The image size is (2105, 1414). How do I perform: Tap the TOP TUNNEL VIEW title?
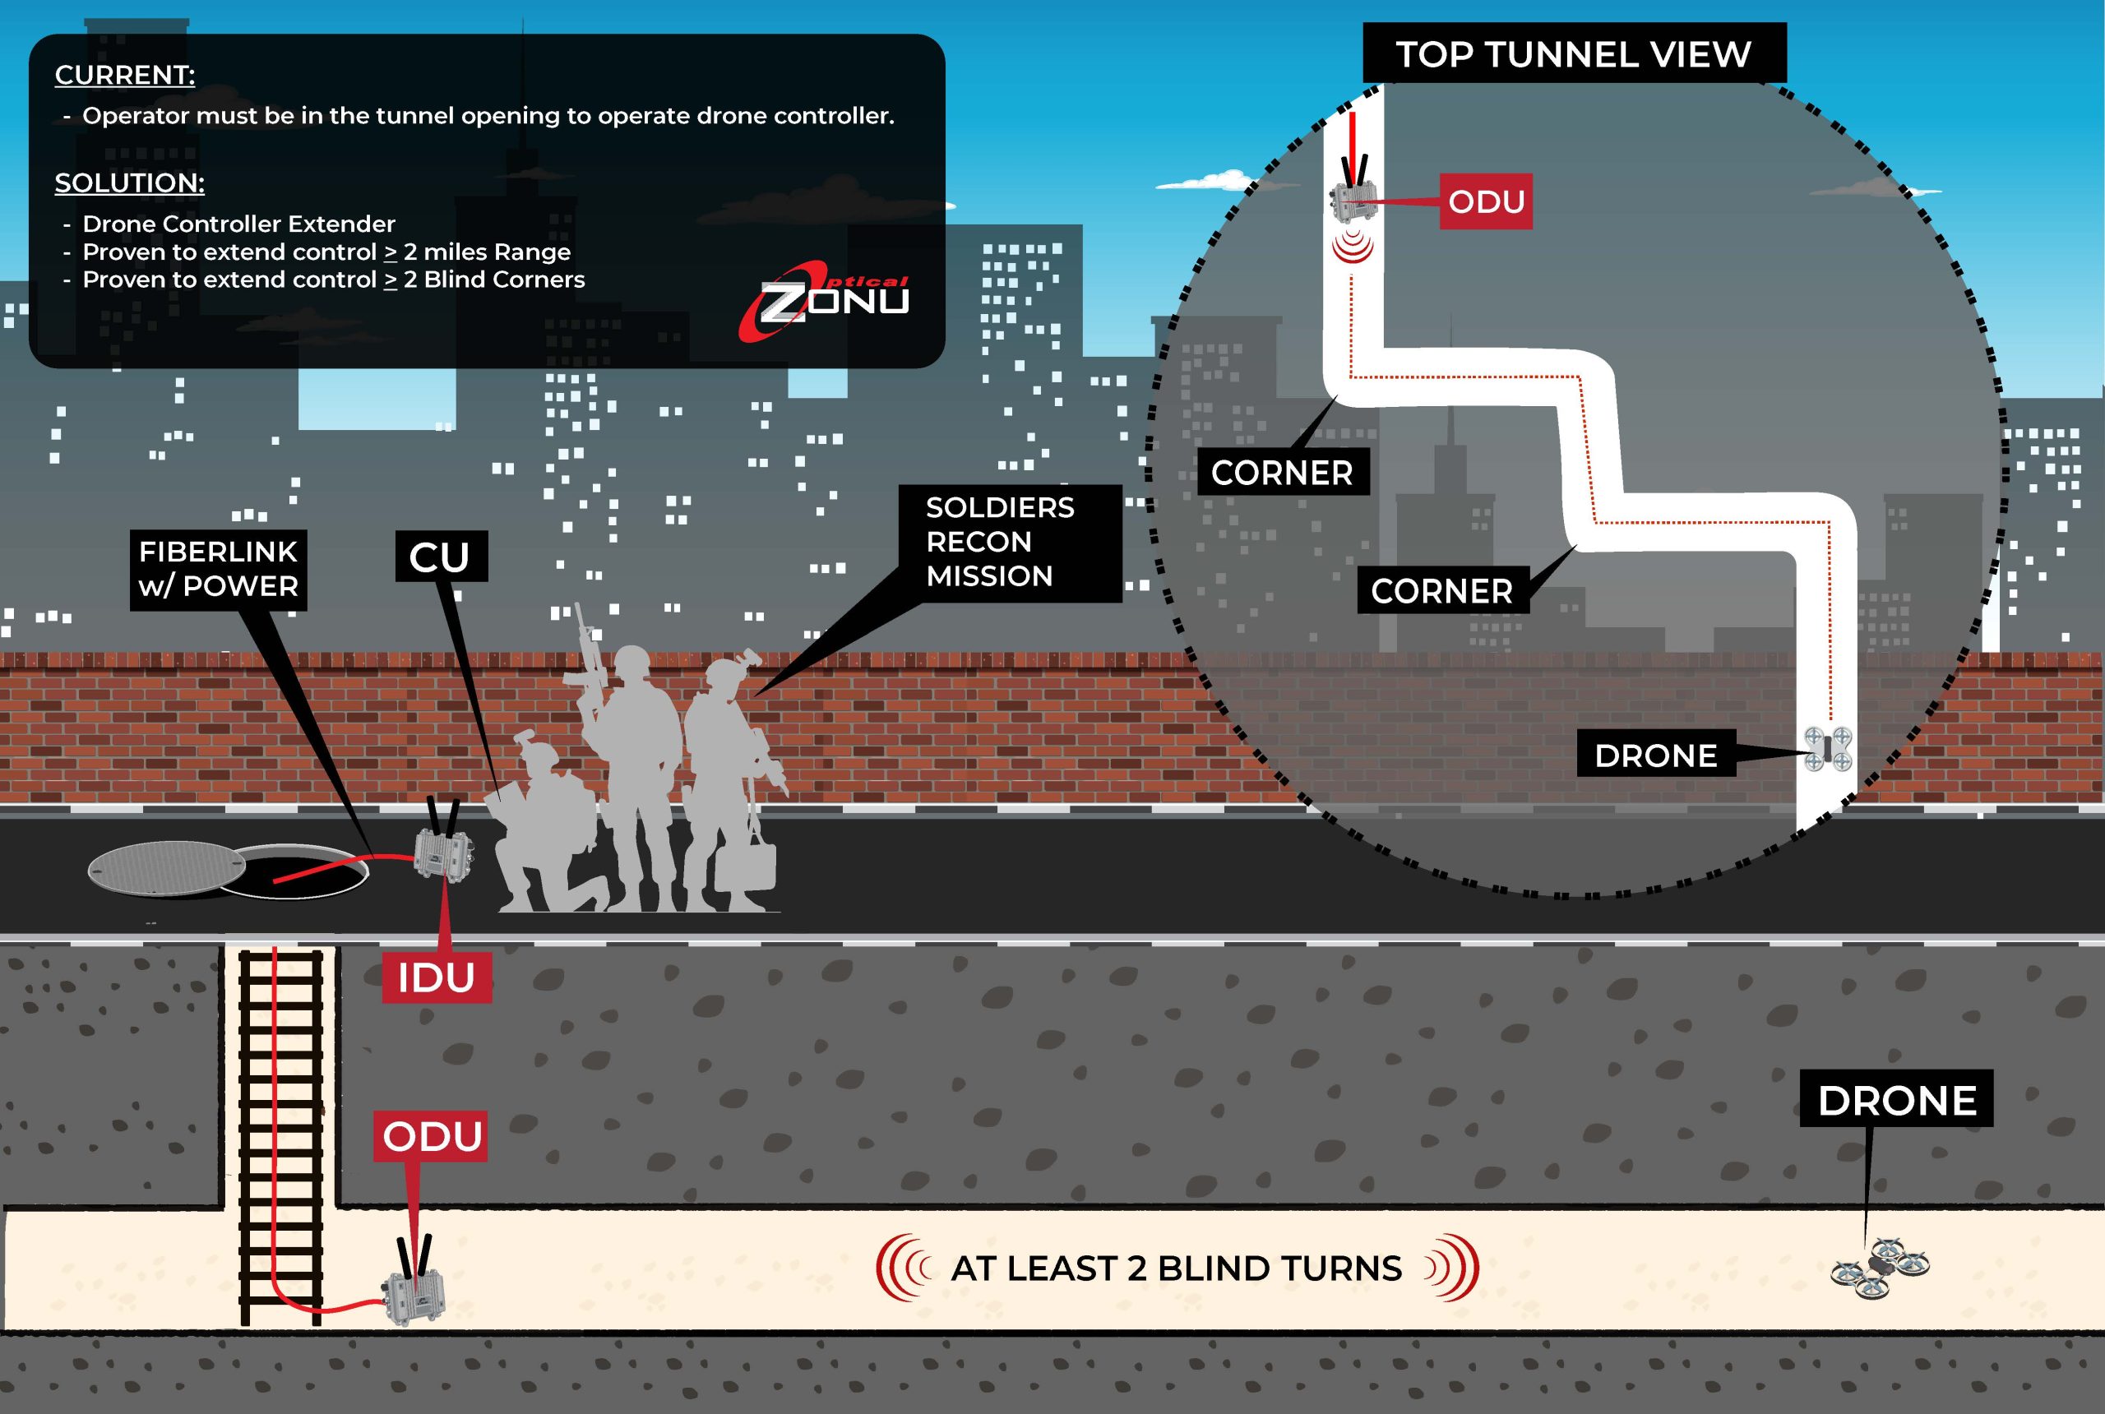(x=1574, y=54)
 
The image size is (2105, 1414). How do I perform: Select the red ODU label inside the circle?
(x=1485, y=201)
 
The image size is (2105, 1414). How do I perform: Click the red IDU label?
(x=437, y=977)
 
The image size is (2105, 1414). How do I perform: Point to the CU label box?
(x=441, y=557)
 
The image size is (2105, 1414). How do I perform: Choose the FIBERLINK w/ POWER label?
(x=218, y=569)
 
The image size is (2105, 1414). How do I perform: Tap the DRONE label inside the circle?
(x=1655, y=755)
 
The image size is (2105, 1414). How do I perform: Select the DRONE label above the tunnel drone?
(x=1896, y=1100)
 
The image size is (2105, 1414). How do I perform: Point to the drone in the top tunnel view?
(x=1828, y=748)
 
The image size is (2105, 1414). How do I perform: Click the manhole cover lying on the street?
(x=167, y=867)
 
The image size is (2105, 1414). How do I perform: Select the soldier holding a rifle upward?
(x=631, y=766)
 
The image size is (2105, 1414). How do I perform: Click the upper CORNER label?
(x=1282, y=473)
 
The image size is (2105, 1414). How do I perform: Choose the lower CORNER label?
(x=1441, y=590)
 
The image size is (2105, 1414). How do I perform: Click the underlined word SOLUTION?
(x=130, y=183)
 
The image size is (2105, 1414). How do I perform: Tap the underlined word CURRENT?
(x=124, y=75)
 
